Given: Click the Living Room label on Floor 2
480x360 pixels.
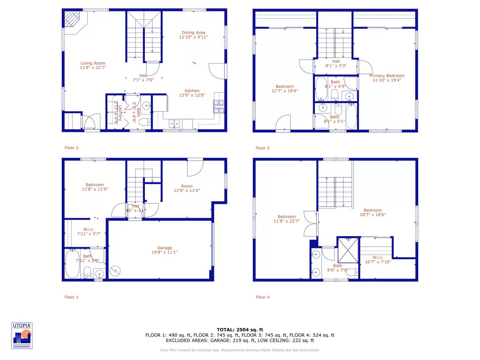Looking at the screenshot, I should click(93, 63).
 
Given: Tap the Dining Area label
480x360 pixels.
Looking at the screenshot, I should click(193, 33).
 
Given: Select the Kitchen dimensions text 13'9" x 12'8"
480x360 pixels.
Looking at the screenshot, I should click(192, 95).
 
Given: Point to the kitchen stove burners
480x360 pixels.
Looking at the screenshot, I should click(219, 107).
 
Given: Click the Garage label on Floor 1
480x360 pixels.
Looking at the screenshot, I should click(165, 248).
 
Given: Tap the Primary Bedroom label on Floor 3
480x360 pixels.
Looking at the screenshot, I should click(387, 76).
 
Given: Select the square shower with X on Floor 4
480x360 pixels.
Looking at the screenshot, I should click(348, 250).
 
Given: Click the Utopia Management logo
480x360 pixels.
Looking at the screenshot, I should click(22, 336).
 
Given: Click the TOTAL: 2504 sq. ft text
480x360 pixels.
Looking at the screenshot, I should click(240, 330).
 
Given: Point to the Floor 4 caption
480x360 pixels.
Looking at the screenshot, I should click(263, 297).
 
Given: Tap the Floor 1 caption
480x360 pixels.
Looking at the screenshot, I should click(71, 297).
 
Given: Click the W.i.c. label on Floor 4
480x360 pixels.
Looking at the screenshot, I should click(378, 257).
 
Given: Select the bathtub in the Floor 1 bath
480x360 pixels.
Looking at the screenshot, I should click(72, 264).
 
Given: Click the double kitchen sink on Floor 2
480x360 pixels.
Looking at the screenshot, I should click(174, 124).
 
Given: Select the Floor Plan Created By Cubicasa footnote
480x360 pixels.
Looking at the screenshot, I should click(240, 350).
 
